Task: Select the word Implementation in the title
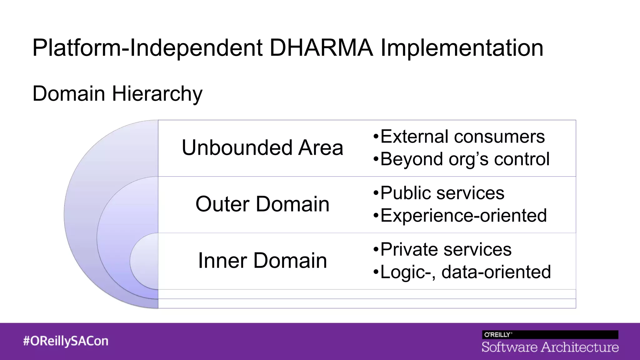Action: coord(462,48)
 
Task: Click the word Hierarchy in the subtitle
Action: coord(157,94)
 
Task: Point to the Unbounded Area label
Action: coord(262,147)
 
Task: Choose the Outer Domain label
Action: coord(262,204)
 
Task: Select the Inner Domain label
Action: coord(262,261)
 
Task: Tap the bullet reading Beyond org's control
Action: coord(461,159)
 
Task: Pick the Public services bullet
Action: coord(439,193)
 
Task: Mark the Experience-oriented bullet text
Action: coord(460,215)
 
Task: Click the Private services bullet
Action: coord(442,249)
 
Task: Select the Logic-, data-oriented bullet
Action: coord(462,272)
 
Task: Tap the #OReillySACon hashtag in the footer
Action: coord(66,341)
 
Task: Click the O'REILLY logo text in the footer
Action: coord(498,335)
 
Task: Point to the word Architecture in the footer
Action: coord(580,347)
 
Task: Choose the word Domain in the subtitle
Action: coord(69,94)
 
